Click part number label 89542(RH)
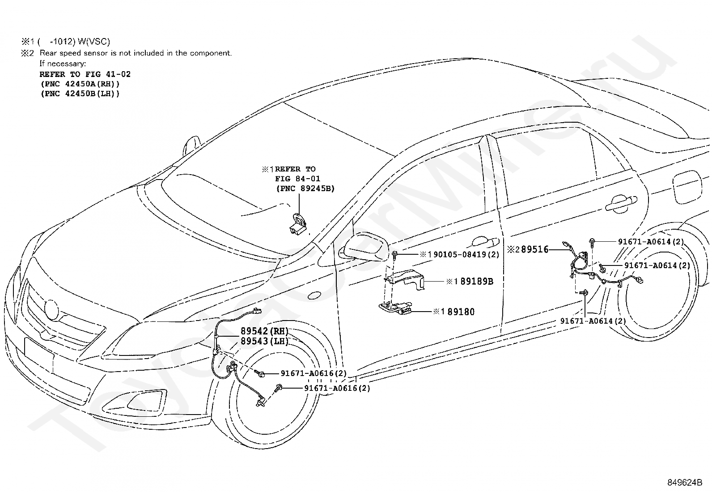click(264, 331)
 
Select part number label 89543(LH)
click(264, 341)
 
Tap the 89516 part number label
click(534, 249)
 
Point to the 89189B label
click(477, 281)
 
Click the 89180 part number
click(461, 312)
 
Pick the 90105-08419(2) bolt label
click(466, 255)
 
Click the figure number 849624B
click(685, 483)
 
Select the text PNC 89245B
click(305, 188)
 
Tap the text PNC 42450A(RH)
click(80, 84)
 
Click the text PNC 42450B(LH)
click(80, 94)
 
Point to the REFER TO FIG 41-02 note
click(85, 74)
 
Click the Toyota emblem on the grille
click(51, 308)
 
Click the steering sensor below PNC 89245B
click(298, 224)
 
